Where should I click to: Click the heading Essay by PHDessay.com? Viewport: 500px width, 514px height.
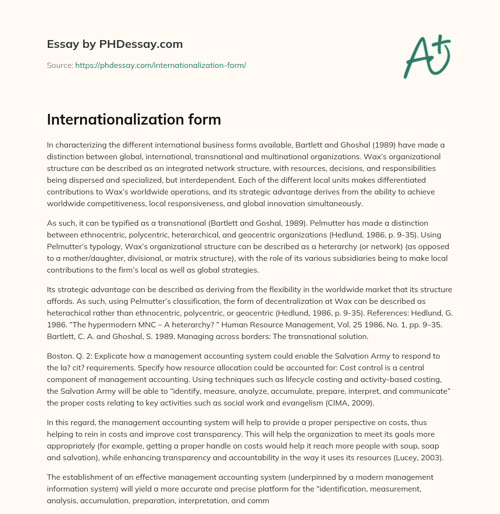pyautogui.click(x=115, y=44)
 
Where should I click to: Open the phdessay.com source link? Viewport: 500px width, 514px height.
pyautogui.click(x=161, y=65)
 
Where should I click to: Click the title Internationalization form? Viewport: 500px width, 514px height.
pyautogui.click(x=134, y=120)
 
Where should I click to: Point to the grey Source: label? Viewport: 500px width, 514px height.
pyautogui.click(x=60, y=65)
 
